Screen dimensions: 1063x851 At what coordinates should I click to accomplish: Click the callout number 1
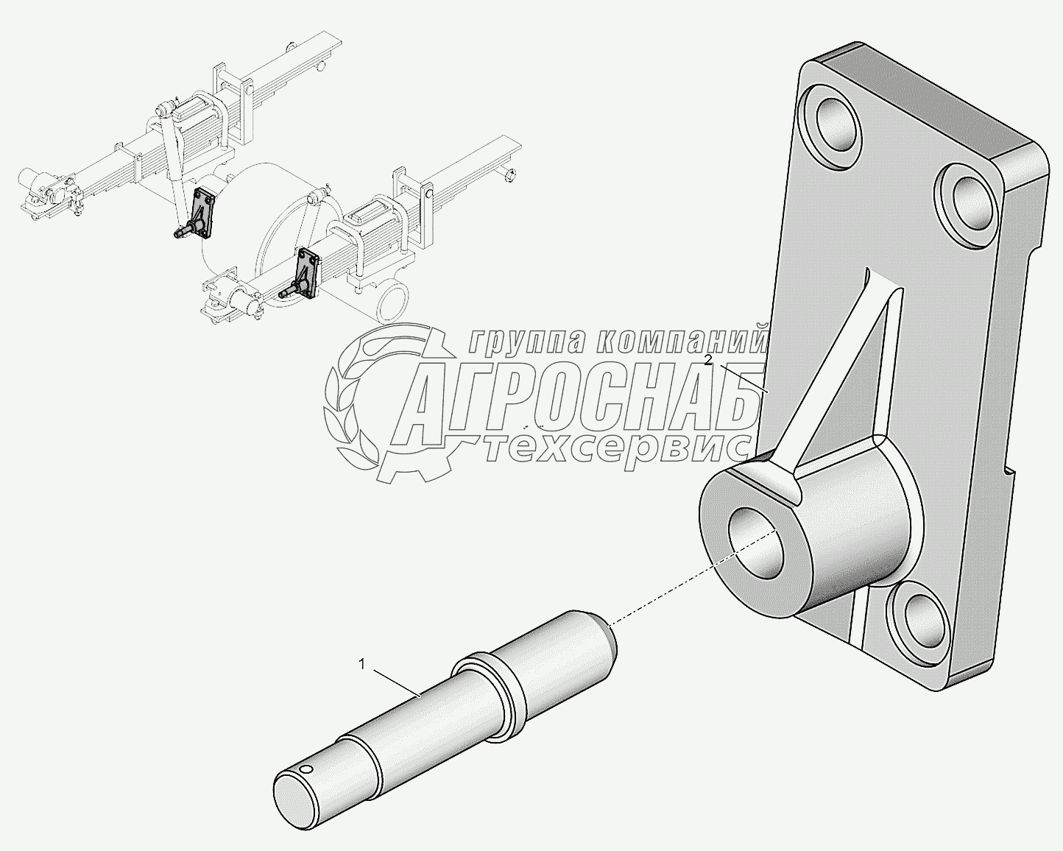pyautogui.click(x=361, y=665)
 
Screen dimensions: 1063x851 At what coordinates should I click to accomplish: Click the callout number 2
pyautogui.click(x=707, y=360)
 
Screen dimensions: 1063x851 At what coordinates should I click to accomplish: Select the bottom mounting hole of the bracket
pyautogui.click(x=918, y=615)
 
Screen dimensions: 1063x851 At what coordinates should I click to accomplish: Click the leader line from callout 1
pyautogui.click(x=394, y=681)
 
